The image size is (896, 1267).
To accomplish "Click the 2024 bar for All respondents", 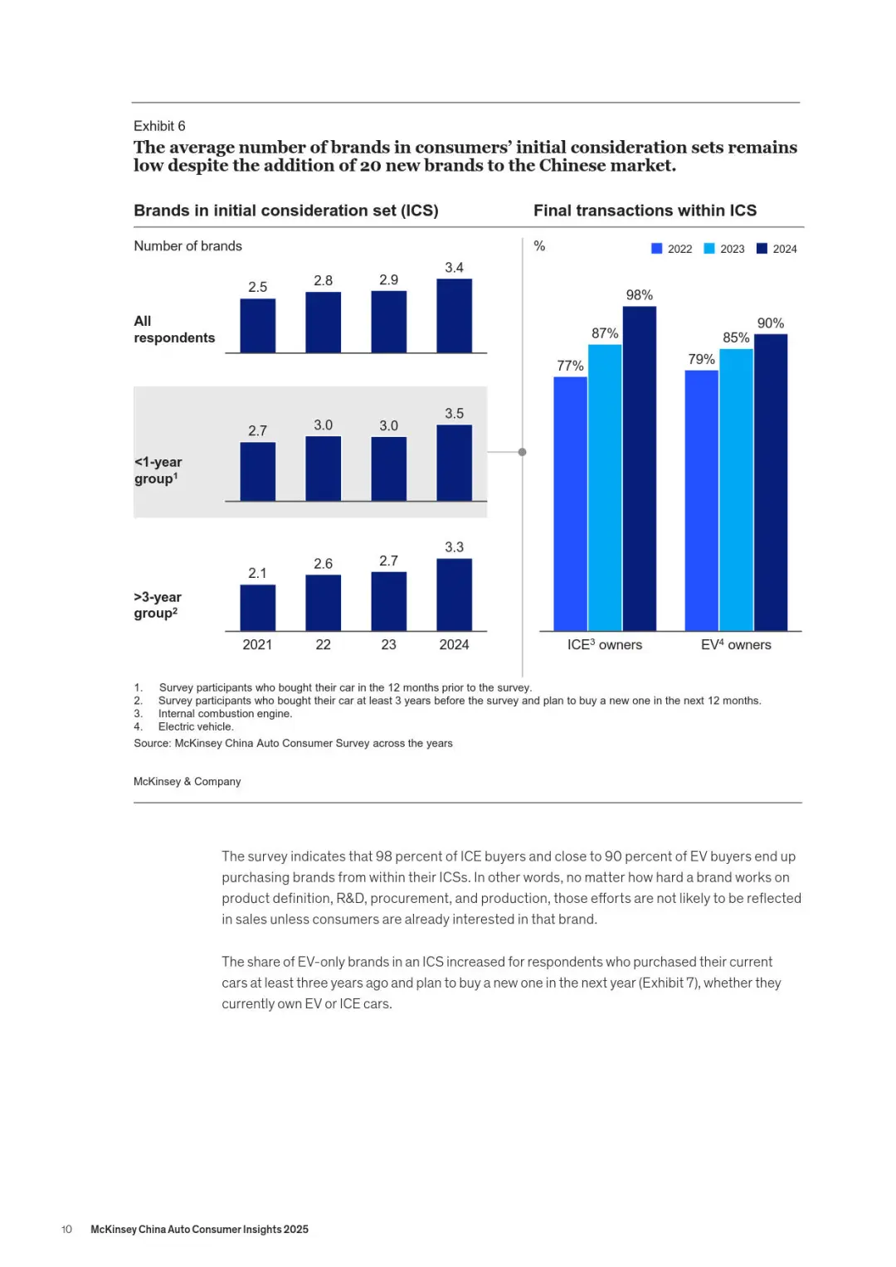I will click(454, 316).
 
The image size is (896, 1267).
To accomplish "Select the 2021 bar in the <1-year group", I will click(257, 472).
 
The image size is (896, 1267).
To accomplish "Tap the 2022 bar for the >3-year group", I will click(323, 603).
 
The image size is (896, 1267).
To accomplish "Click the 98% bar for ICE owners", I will click(639, 468).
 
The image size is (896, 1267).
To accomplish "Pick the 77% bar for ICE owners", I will click(570, 504).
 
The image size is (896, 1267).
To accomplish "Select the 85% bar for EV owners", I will click(736, 490).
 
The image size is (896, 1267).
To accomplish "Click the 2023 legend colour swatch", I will click(709, 249).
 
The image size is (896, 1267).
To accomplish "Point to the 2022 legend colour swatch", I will click(657, 249).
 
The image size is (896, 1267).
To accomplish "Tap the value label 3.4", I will click(454, 268).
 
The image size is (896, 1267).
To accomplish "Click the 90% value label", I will click(770, 323).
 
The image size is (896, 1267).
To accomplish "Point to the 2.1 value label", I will click(257, 573).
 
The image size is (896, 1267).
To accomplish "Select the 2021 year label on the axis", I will click(257, 644).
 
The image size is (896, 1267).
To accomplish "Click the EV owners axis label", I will click(736, 644).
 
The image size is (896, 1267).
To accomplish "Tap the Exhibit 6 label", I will click(159, 126).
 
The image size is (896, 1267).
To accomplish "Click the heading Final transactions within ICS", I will click(645, 211).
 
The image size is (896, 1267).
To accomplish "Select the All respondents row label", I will click(173, 329).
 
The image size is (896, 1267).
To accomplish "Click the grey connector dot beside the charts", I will click(522, 452).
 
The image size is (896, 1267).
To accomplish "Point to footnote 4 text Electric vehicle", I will click(196, 726).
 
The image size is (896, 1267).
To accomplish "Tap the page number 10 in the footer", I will click(66, 1229).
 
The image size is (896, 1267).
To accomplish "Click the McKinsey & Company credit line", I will click(187, 781).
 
